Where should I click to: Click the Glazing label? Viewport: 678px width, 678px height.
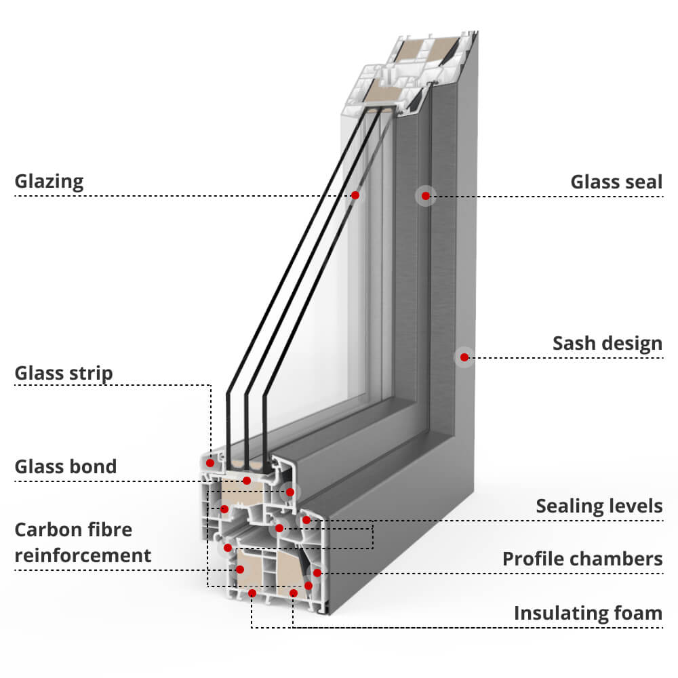coord(49,182)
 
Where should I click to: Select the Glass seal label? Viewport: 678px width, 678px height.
coord(616,182)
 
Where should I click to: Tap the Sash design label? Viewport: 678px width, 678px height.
coord(607,344)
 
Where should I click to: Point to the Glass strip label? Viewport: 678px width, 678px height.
coord(64,373)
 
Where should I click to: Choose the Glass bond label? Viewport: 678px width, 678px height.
coord(66,466)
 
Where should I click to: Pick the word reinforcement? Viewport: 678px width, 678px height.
coord(83,555)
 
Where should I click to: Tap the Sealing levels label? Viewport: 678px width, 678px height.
coord(599,506)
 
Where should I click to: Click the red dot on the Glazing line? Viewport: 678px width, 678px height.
coord(355,195)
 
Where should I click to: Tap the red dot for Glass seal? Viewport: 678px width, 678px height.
coord(425,196)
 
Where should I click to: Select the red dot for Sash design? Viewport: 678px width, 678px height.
coord(464,357)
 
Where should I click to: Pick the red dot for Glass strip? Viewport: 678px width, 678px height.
coord(210,463)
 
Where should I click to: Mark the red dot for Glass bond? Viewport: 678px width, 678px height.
coord(247,481)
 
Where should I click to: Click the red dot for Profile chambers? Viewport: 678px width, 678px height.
coord(316,573)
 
